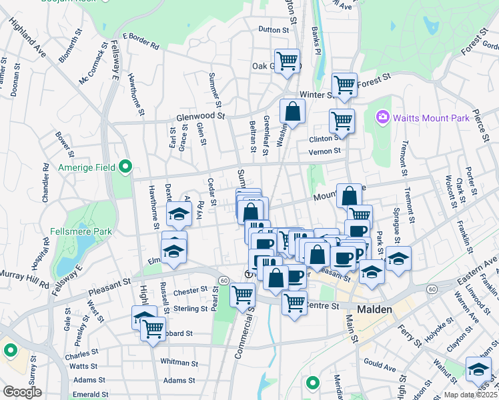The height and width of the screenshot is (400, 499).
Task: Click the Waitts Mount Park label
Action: pos(431,118)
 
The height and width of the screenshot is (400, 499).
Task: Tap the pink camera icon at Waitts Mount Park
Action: pos(382,117)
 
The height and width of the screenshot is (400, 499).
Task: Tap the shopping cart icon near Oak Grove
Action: pos(288,61)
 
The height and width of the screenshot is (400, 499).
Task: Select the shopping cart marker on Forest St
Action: pos(344,85)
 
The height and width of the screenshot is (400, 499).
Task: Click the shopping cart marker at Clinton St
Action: pos(342,121)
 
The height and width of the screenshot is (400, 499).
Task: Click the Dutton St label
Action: pos(278,29)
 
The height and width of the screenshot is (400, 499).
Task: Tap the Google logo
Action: pos(22,392)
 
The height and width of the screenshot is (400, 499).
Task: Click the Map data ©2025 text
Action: pos(470,395)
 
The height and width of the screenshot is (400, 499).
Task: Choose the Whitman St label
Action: pos(177,361)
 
